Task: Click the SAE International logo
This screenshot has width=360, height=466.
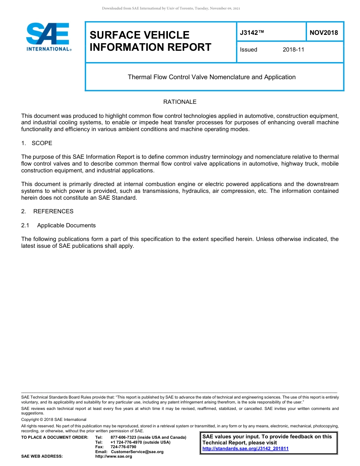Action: tap(48, 37)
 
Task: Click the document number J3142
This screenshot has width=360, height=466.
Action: tap(252, 33)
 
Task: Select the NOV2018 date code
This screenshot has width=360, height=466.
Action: tap(324, 33)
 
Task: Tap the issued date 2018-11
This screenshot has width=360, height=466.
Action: tap(293, 50)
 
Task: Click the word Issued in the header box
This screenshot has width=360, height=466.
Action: tap(249, 50)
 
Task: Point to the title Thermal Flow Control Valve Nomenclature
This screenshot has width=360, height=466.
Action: tap(211, 77)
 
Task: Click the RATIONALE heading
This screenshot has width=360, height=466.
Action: tap(180, 102)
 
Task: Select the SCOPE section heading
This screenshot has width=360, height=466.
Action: tap(42, 143)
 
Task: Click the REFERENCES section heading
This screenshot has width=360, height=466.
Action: tap(53, 211)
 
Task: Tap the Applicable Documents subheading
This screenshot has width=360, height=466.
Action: tap(66, 225)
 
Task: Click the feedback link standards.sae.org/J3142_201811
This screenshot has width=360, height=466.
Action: tap(246, 449)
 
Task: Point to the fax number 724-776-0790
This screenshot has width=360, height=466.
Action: tap(123, 447)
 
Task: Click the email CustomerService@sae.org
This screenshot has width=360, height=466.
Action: tap(137, 452)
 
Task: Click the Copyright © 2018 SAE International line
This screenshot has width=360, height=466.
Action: tap(54, 419)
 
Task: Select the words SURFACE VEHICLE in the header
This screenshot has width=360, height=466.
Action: tap(139, 35)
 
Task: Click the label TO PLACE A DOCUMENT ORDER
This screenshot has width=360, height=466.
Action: tap(55, 438)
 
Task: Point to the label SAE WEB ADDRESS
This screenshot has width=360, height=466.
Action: tap(42, 457)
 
